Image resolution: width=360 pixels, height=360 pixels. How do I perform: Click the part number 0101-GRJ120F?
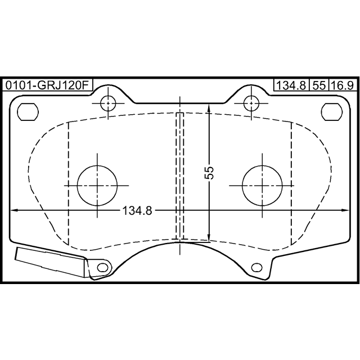(x=47, y=85)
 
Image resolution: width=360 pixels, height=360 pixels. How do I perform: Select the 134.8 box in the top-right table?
(x=291, y=85)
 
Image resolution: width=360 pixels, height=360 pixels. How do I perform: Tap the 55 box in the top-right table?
(x=319, y=85)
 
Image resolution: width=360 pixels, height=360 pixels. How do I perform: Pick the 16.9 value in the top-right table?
(x=344, y=85)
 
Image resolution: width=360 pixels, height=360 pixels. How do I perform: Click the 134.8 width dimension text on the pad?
(x=137, y=210)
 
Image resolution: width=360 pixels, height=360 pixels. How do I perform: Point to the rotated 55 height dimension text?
(x=209, y=173)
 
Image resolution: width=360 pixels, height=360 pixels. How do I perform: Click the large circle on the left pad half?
(x=97, y=186)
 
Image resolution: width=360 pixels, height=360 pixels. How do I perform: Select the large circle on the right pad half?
(x=262, y=186)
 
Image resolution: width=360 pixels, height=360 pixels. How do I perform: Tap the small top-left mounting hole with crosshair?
(x=108, y=103)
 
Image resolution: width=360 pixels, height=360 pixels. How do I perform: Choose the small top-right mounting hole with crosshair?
(x=251, y=103)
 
